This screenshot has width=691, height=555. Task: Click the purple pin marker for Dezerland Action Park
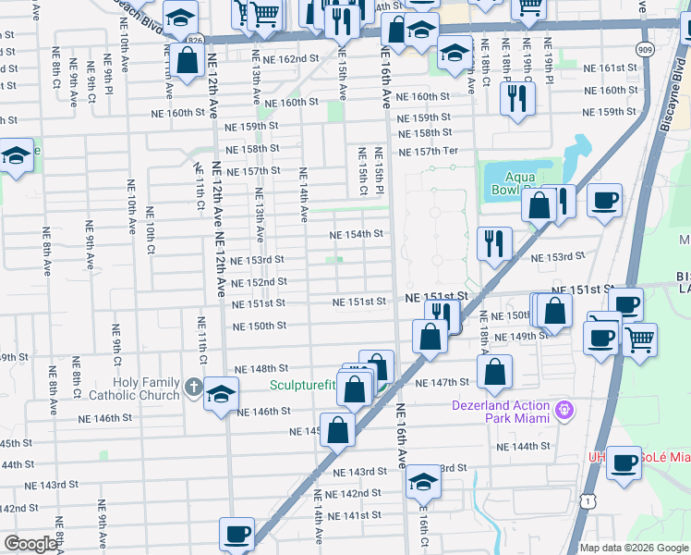[565, 408]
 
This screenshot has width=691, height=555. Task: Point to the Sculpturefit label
[303, 386]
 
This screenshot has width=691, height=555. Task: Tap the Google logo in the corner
[30, 544]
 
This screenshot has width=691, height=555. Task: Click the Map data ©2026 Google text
[634, 548]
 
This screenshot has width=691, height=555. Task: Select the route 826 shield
[194, 42]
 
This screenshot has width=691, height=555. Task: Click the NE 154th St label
[357, 234]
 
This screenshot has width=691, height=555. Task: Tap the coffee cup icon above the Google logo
[236, 534]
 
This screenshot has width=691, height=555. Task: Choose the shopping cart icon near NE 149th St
[639, 339]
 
